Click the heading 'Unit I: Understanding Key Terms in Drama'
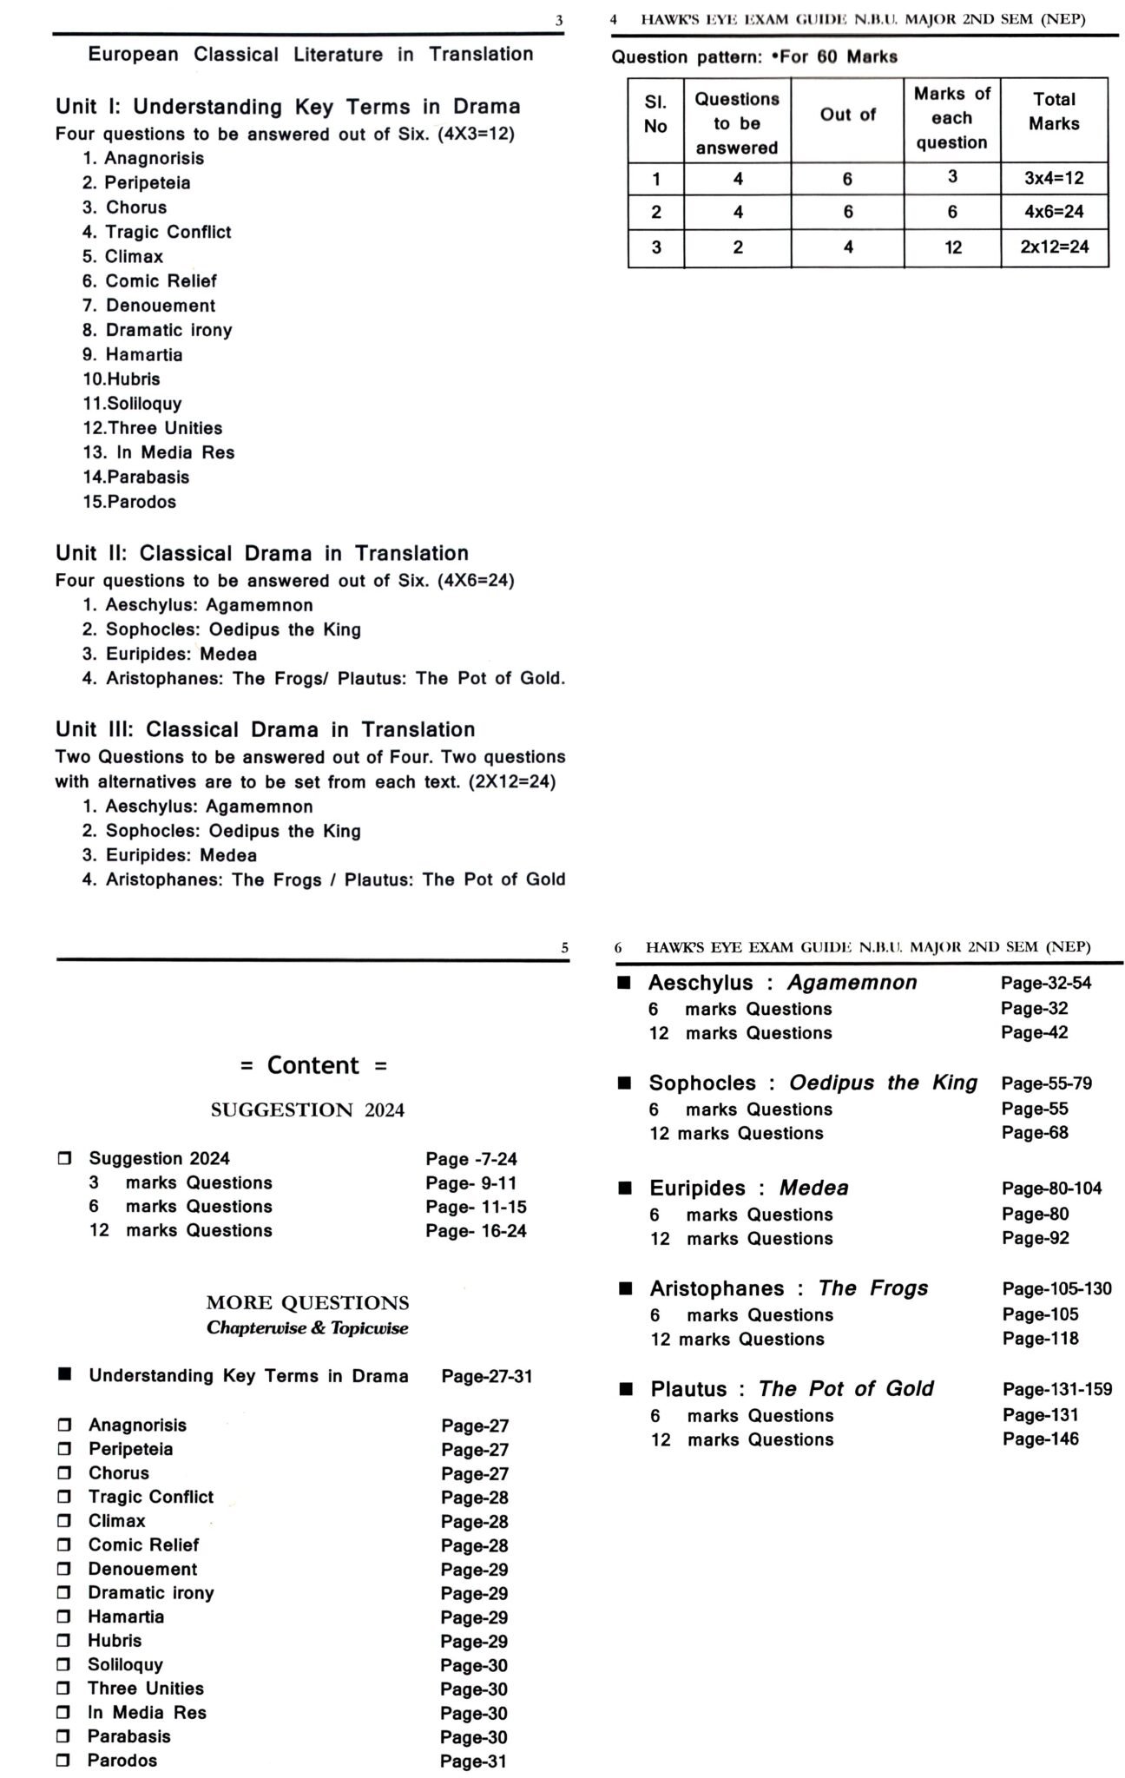[x=287, y=107]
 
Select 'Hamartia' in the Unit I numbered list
[x=143, y=354]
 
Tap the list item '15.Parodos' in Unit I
[x=129, y=502]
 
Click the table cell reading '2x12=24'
[x=1054, y=247]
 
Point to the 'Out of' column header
[x=847, y=115]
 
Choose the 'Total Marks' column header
[x=1054, y=111]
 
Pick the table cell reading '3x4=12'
[x=1054, y=178]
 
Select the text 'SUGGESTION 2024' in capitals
[x=307, y=1110]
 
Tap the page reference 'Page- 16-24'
[x=476, y=1230]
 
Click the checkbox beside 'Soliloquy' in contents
[x=63, y=1664]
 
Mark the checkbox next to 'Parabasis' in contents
[x=63, y=1736]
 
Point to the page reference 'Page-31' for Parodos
[x=473, y=1761]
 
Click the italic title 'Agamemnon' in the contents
[x=852, y=983]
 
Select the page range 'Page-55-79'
[x=1046, y=1083]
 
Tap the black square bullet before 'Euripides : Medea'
[x=625, y=1189]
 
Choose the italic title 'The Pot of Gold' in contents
[x=845, y=1389]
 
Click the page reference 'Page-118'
[x=1040, y=1339]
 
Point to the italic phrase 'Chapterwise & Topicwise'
[x=307, y=1328]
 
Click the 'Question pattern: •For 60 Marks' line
[x=754, y=57]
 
